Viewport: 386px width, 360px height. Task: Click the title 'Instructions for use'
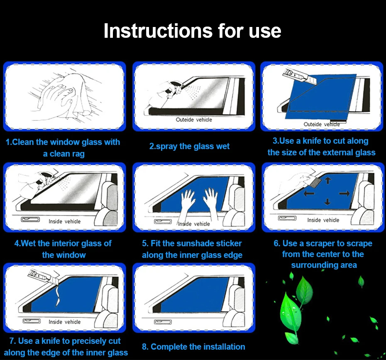(x=192, y=31)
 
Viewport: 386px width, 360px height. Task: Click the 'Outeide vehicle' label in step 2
(x=194, y=120)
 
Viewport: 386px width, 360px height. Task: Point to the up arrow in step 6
(x=327, y=180)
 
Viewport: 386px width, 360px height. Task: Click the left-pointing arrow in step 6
(x=309, y=193)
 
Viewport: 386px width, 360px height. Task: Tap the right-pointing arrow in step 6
(x=344, y=193)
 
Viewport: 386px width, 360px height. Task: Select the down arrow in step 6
(x=327, y=202)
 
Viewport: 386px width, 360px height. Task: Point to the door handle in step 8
(x=163, y=322)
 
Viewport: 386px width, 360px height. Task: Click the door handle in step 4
(x=30, y=219)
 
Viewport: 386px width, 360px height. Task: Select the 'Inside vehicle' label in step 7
(x=64, y=322)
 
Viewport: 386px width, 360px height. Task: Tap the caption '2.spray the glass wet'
(x=189, y=146)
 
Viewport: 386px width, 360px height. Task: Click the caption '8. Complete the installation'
(x=193, y=347)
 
